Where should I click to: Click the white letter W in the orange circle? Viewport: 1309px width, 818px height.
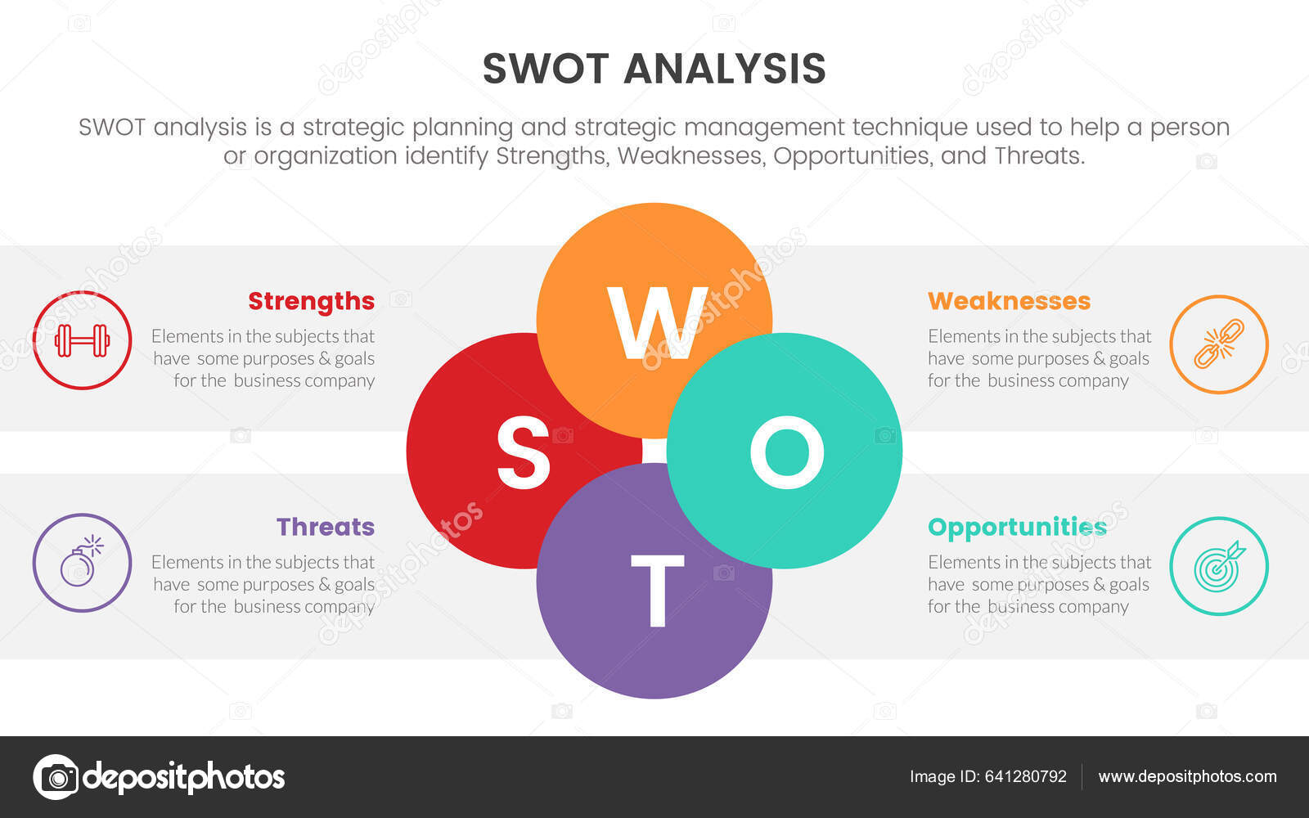tap(656, 323)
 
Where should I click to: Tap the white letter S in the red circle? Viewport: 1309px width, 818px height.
tap(524, 452)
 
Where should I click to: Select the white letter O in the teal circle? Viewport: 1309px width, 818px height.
tap(786, 452)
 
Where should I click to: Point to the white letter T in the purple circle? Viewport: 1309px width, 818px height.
tap(656, 590)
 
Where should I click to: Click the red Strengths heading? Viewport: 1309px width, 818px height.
tap(311, 301)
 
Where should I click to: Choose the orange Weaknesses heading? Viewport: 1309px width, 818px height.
tap(1009, 301)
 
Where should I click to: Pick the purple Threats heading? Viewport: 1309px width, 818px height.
tap(325, 527)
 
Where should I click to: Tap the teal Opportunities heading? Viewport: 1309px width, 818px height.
tap(1017, 528)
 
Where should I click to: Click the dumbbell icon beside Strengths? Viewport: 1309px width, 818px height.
tap(82, 340)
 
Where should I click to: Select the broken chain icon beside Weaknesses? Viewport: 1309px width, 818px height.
tap(1218, 344)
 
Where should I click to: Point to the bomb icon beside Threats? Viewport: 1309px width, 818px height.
tap(81, 562)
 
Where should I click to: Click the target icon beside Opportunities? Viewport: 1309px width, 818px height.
tap(1218, 566)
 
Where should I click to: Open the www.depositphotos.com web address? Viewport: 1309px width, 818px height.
tap(1187, 776)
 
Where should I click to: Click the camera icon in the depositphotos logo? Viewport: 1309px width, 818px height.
tap(56, 777)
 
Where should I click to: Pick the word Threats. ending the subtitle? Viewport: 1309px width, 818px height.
tap(1039, 155)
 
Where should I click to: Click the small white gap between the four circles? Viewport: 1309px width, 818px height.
tap(654, 451)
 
